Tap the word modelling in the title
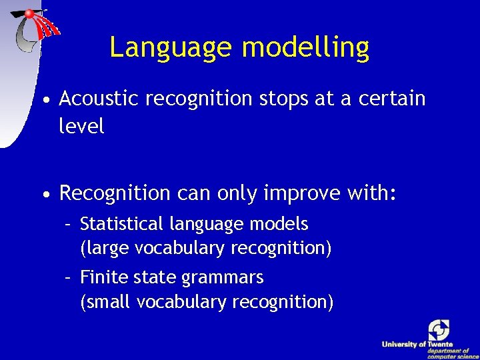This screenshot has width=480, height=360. tap(305, 48)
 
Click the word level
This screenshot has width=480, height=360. tap(81, 127)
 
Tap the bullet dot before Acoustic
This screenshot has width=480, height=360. tap(45, 101)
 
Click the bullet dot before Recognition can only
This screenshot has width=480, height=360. tap(45, 195)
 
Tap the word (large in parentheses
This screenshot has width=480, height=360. tap(105, 248)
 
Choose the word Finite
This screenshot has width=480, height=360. tap(99, 277)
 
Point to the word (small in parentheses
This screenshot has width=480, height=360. tap(106, 302)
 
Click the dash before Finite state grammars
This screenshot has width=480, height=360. tap(68, 277)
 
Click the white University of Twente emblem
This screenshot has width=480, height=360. tap(439, 330)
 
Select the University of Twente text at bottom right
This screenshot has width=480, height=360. tap(417, 344)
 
